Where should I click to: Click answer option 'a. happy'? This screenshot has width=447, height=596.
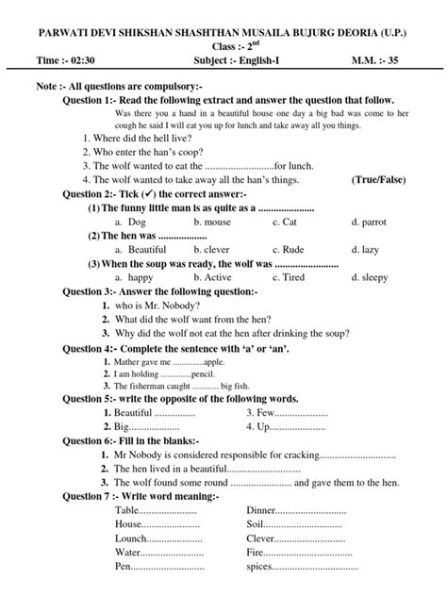pos(133,278)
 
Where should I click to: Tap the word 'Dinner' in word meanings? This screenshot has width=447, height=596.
pos(262,510)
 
